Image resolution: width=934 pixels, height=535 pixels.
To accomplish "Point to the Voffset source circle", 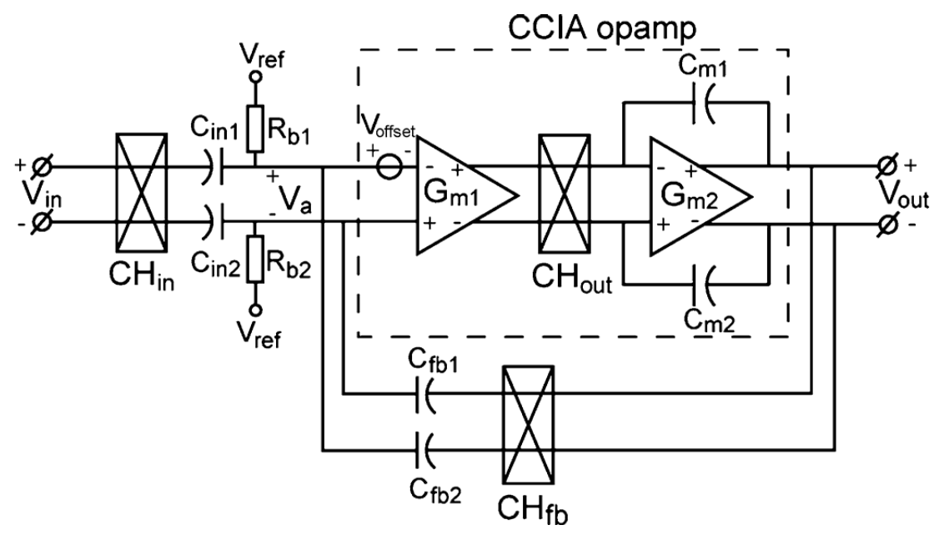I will [389, 167].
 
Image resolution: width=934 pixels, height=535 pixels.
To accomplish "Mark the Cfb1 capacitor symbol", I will [424, 390].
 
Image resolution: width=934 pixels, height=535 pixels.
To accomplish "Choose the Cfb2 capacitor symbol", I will [424, 452].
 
